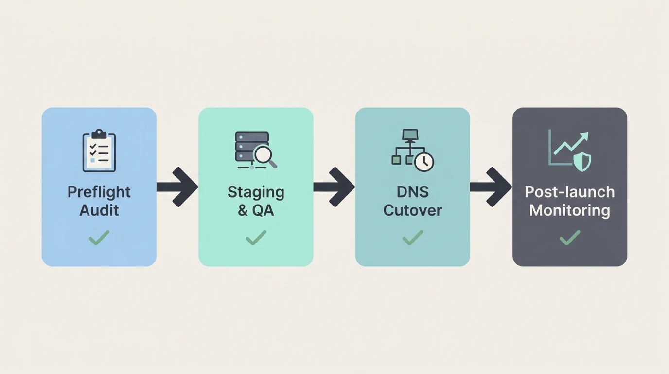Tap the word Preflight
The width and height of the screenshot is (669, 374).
click(x=99, y=192)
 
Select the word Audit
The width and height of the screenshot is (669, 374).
click(x=99, y=210)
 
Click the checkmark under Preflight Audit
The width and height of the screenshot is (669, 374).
click(x=99, y=238)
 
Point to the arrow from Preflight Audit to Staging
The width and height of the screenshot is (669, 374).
click(x=178, y=187)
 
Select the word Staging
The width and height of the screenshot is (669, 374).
click(x=256, y=192)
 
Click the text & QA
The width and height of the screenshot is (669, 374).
click(x=256, y=210)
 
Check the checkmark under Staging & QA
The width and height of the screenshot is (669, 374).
click(x=256, y=238)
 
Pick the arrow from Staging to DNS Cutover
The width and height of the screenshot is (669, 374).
click(x=334, y=187)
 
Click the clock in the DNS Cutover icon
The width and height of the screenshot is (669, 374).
click(x=424, y=162)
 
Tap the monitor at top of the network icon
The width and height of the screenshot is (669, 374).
click(x=410, y=134)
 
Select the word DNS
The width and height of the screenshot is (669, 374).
click(x=412, y=192)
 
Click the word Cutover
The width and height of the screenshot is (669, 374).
click(x=412, y=210)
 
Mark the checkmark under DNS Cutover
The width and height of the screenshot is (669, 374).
click(x=412, y=238)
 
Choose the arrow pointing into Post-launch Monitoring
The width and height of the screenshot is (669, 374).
click(x=492, y=187)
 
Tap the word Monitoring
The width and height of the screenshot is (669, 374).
click(x=569, y=210)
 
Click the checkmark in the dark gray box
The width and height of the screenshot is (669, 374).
click(x=569, y=238)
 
